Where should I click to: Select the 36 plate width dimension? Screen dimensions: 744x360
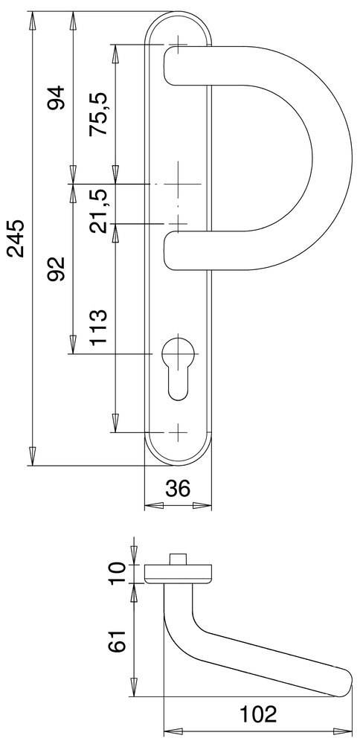[x=178, y=489]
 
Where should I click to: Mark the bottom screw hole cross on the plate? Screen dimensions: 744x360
[x=178, y=432]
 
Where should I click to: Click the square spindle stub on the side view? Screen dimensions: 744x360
[x=178, y=558]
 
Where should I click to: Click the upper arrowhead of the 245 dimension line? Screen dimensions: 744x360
[x=32, y=20]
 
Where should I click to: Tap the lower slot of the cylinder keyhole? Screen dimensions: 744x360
[x=178, y=383]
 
